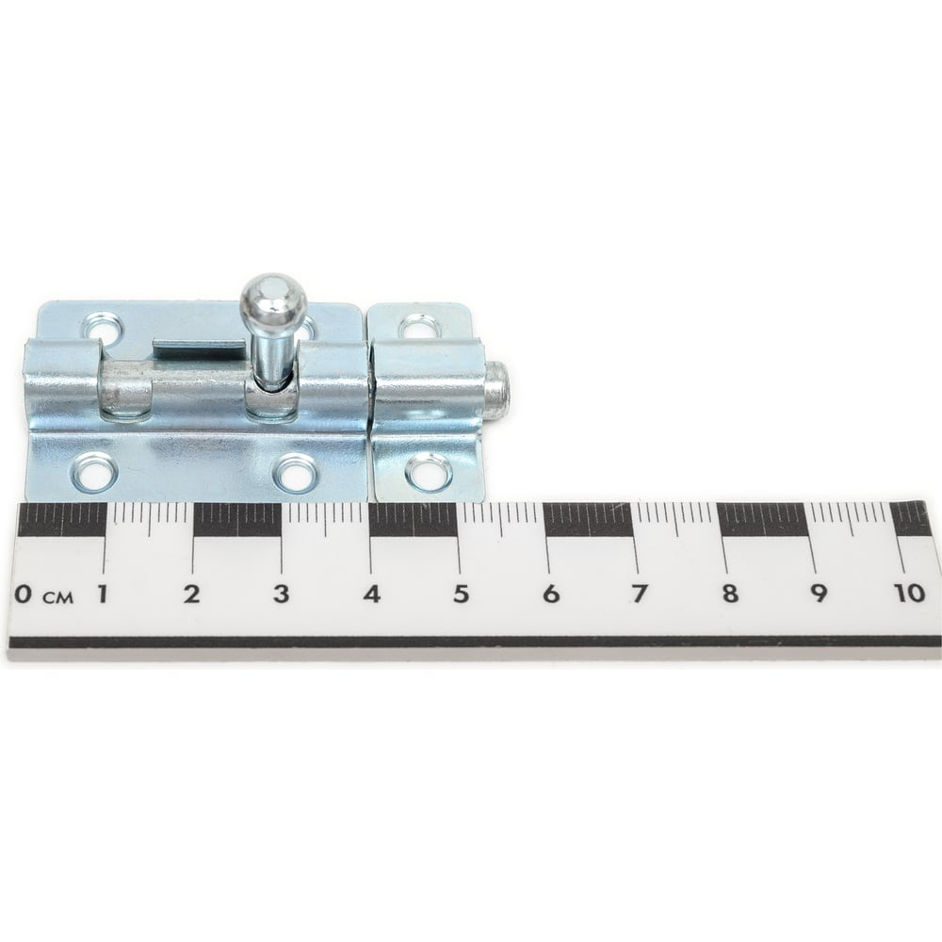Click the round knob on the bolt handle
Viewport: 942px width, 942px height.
click(274, 297)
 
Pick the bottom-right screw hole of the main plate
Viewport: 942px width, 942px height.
click(294, 472)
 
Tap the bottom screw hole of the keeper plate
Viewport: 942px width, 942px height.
click(428, 469)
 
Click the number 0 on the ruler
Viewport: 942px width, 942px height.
click(24, 594)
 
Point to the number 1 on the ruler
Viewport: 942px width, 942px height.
click(103, 594)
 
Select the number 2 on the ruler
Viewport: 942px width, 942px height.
click(191, 594)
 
